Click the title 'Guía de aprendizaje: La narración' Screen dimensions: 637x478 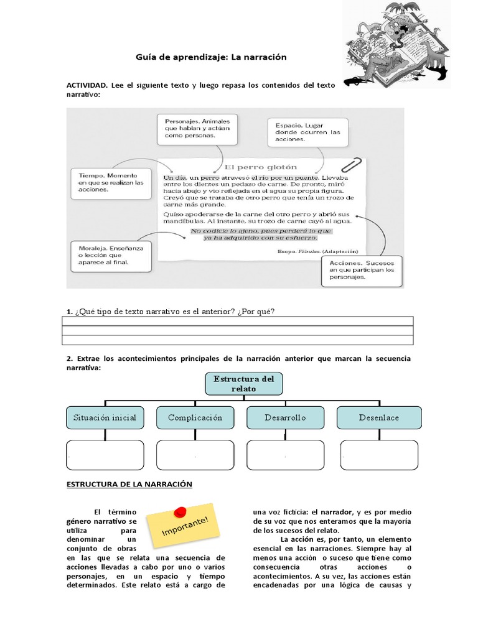coord(211,57)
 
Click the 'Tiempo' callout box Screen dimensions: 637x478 coord(111,182)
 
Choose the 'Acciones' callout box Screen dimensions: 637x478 coord(362,270)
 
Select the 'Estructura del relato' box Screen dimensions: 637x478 coord(244,384)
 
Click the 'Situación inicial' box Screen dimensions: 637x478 coord(105,417)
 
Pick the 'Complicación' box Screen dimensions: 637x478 coord(195,417)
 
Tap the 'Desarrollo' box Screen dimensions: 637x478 coord(285,417)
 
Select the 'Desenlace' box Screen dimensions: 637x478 coord(379,417)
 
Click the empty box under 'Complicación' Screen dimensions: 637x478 coord(195,455)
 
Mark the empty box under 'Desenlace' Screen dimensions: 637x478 coord(379,455)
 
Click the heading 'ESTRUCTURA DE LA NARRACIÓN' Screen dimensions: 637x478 coord(129,484)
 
